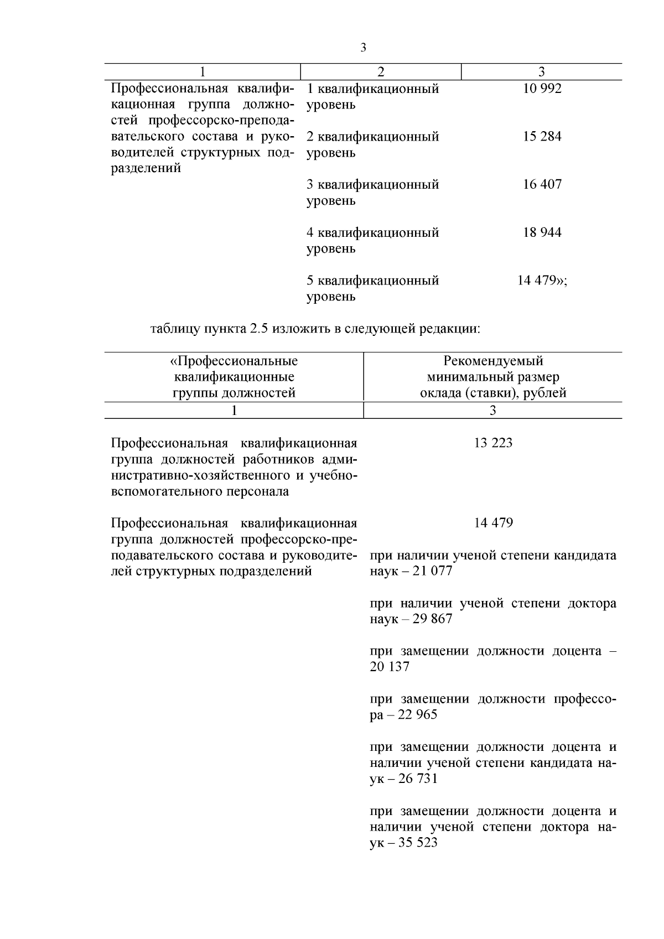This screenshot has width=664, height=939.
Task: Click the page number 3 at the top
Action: coord(363,48)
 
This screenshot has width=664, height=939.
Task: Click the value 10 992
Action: coord(542,89)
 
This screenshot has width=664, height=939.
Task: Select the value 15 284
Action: coord(542,137)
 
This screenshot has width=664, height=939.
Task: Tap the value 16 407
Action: coord(542,184)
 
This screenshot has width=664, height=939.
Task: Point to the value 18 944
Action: coord(542,232)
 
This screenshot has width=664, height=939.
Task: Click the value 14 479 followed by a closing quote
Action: coord(542,281)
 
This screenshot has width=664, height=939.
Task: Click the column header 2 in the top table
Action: coord(380,72)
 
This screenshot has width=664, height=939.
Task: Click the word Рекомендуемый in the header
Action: coord(493,361)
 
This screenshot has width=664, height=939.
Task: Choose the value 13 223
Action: coord(493,443)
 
